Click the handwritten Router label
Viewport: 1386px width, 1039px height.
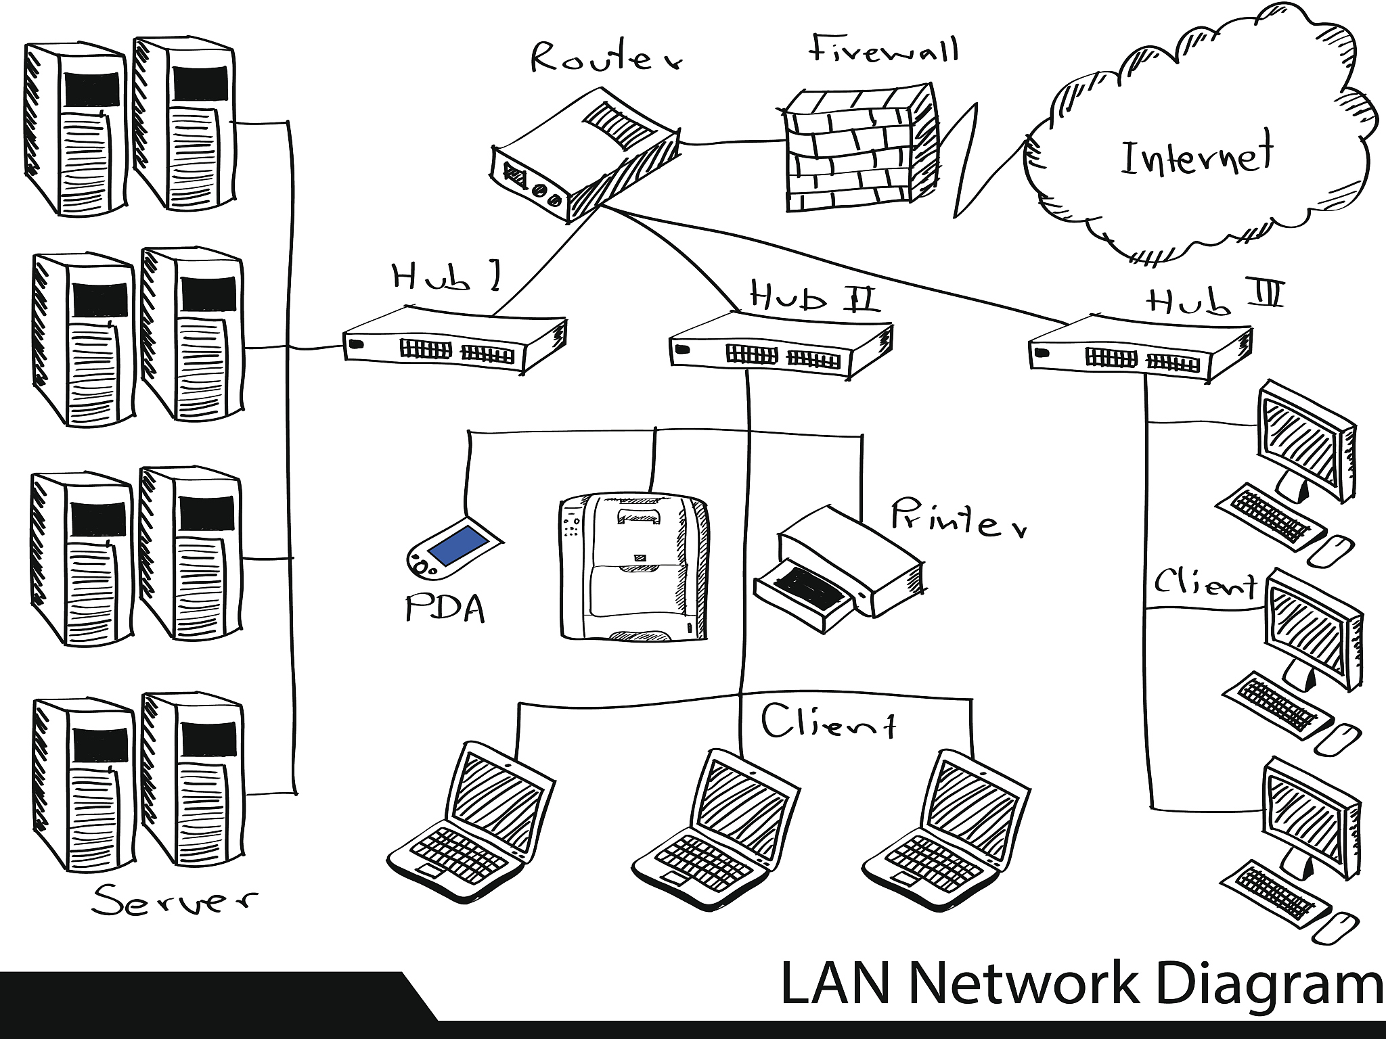606,59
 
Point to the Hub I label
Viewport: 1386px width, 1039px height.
447,277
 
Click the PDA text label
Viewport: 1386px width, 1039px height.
445,609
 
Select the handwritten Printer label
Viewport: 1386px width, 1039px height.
958,519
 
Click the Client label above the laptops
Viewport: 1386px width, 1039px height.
828,723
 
